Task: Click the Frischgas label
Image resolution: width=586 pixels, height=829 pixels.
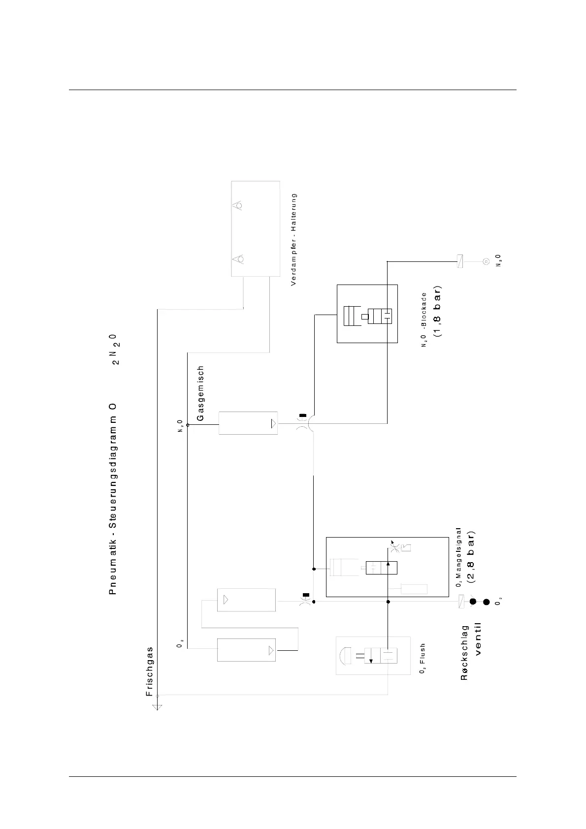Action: point(150,671)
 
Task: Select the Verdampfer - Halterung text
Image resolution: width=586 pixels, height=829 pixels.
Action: point(293,239)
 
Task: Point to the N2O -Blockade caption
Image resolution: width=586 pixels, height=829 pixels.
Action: point(423,320)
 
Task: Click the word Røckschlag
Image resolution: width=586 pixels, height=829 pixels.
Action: point(464,652)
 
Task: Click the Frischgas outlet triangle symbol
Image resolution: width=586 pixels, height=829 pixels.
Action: point(157,708)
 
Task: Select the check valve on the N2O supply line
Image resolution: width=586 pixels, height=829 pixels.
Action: point(460,261)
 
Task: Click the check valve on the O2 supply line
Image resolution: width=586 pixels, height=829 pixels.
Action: point(461,602)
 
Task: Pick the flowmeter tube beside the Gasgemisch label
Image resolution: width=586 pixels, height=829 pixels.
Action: point(248,423)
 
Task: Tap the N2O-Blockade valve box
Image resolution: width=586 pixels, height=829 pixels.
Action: point(367,314)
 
